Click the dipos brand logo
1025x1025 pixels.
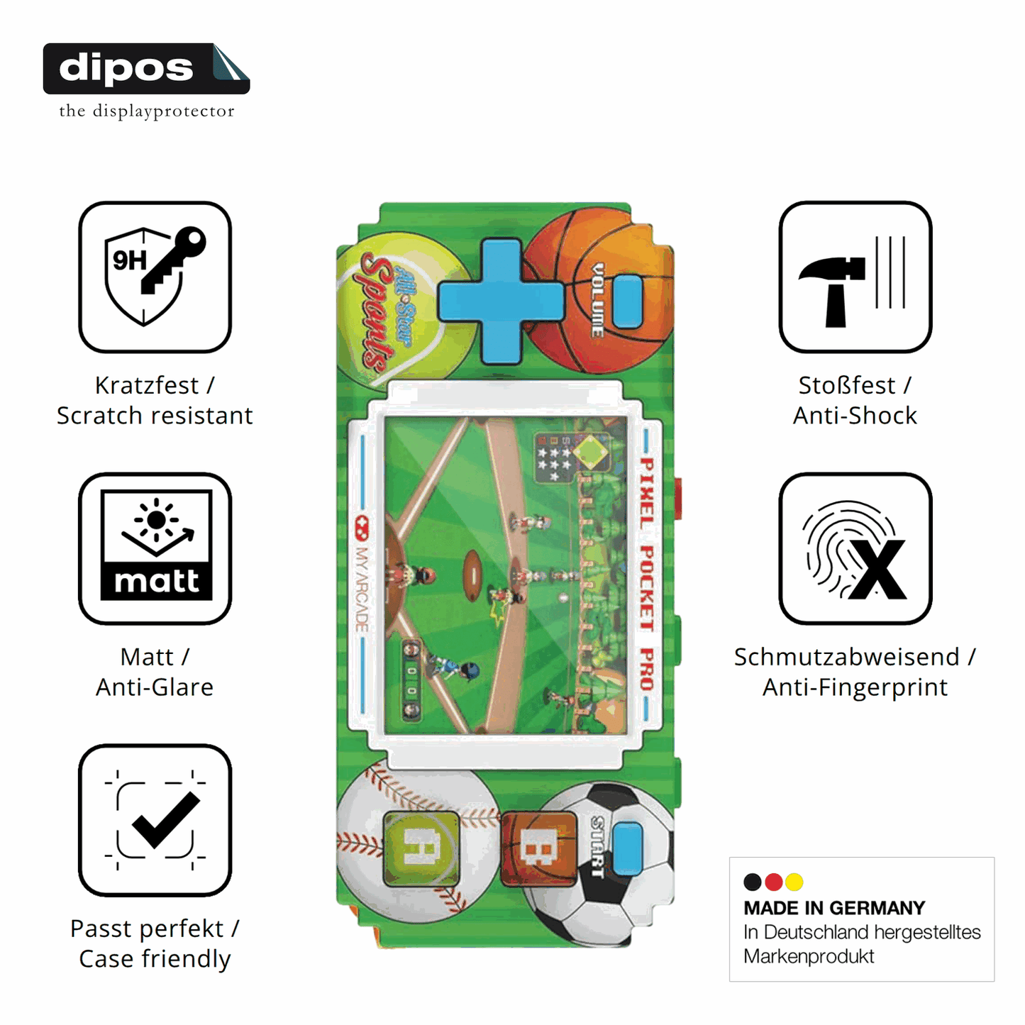point(146,69)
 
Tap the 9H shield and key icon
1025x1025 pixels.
point(155,277)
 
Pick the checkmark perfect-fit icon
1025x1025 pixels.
point(155,820)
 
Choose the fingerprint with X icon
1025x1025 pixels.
point(855,548)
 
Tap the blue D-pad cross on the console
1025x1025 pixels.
point(501,301)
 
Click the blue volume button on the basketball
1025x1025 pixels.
point(628,301)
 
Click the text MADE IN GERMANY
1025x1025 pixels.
point(834,907)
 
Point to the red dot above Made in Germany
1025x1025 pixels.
point(773,882)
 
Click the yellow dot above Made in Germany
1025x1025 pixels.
point(794,882)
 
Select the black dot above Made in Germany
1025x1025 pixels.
point(752,882)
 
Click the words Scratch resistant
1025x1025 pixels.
point(155,416)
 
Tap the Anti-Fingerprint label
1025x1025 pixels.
point(855,687)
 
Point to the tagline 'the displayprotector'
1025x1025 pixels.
point(146,111)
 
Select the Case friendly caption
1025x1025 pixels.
point(155,958)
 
